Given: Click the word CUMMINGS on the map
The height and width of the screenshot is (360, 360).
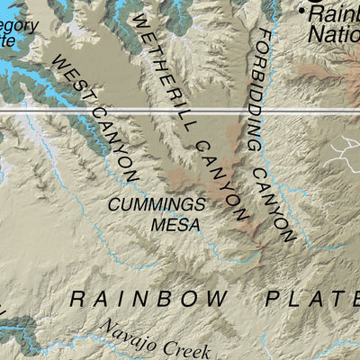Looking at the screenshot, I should point(157,204).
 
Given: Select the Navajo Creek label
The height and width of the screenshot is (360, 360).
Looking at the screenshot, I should point(153,343).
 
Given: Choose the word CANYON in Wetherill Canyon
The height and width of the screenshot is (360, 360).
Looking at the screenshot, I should point(220,180).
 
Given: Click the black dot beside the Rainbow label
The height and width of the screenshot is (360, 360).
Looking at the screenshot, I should point(301,11).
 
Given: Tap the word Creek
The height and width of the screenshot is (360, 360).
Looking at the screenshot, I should point(185,349).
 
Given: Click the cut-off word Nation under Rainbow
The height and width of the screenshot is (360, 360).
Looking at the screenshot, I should point(334,34).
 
